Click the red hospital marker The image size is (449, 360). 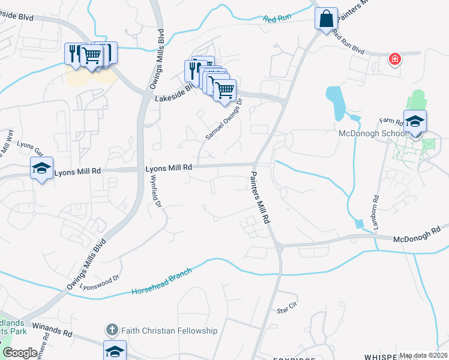point(394,59)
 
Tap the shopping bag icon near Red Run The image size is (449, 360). point(326,18)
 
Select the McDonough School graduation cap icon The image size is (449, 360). point(415,121)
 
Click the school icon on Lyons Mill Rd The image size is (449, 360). point(41,169)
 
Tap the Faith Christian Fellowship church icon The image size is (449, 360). point(112,330)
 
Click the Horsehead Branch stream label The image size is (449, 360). point(161,282)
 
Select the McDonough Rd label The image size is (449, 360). point(417,234)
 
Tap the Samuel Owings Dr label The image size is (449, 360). point(223,120)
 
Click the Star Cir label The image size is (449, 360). point(287,308)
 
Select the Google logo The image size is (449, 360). point(20,353)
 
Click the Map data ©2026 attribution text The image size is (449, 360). point(423,355)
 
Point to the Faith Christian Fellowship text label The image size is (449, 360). point(169,331)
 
